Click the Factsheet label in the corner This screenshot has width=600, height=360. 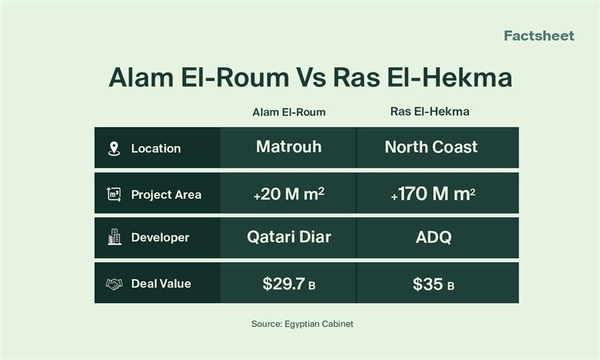coord(539,35)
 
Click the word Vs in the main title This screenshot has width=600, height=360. coord(311,77)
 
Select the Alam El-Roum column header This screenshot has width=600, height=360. coord(289,112)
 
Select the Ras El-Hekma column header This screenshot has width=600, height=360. coord(430,111)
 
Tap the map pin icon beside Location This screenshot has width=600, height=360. coord(114,149)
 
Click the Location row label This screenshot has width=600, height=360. coord(156,149)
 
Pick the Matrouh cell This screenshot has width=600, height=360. coord(289,147)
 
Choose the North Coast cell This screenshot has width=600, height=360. coord(431,147)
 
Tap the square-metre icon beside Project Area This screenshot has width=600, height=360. coord(113,195)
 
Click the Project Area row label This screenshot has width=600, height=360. coord(166,195)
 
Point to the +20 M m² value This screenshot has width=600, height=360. coord(289,194)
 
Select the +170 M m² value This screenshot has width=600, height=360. coord(433,193)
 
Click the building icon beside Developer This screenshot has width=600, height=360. coord(115,237)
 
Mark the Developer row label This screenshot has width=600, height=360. coord(160,237)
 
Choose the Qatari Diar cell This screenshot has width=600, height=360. coord(289,237)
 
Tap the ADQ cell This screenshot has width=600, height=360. coord(433,237)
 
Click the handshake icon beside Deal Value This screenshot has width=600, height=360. coord(114,284)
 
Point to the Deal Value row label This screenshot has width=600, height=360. coord(161,283)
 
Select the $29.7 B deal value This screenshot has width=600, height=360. coord(289,284)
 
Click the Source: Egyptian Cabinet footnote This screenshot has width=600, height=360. coord(302,324)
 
